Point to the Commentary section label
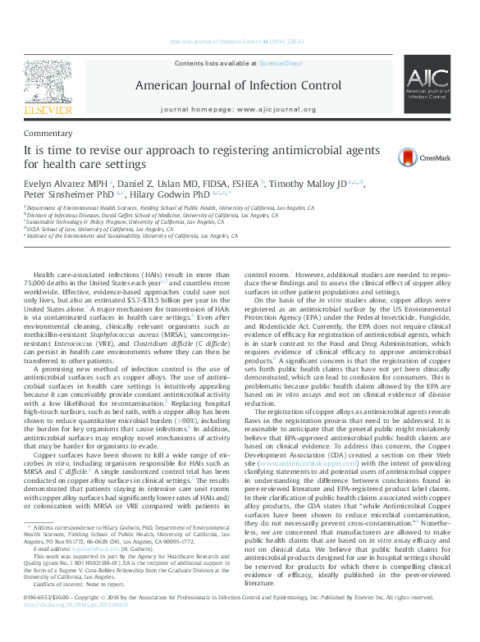click(x=48, y=133)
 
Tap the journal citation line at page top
click(x=239, y=41)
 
